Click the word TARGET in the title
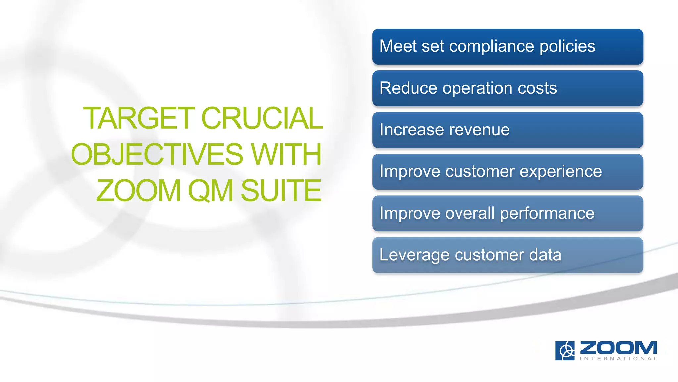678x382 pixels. [139, 118]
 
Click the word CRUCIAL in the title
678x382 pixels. [262, 118]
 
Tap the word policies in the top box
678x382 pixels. [567, 46]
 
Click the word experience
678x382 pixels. [560, 172]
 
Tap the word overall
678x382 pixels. [470, 213]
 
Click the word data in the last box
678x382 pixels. [545, 255]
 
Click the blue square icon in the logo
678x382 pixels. [565, 350]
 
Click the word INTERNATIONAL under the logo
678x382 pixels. [618, 359]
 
